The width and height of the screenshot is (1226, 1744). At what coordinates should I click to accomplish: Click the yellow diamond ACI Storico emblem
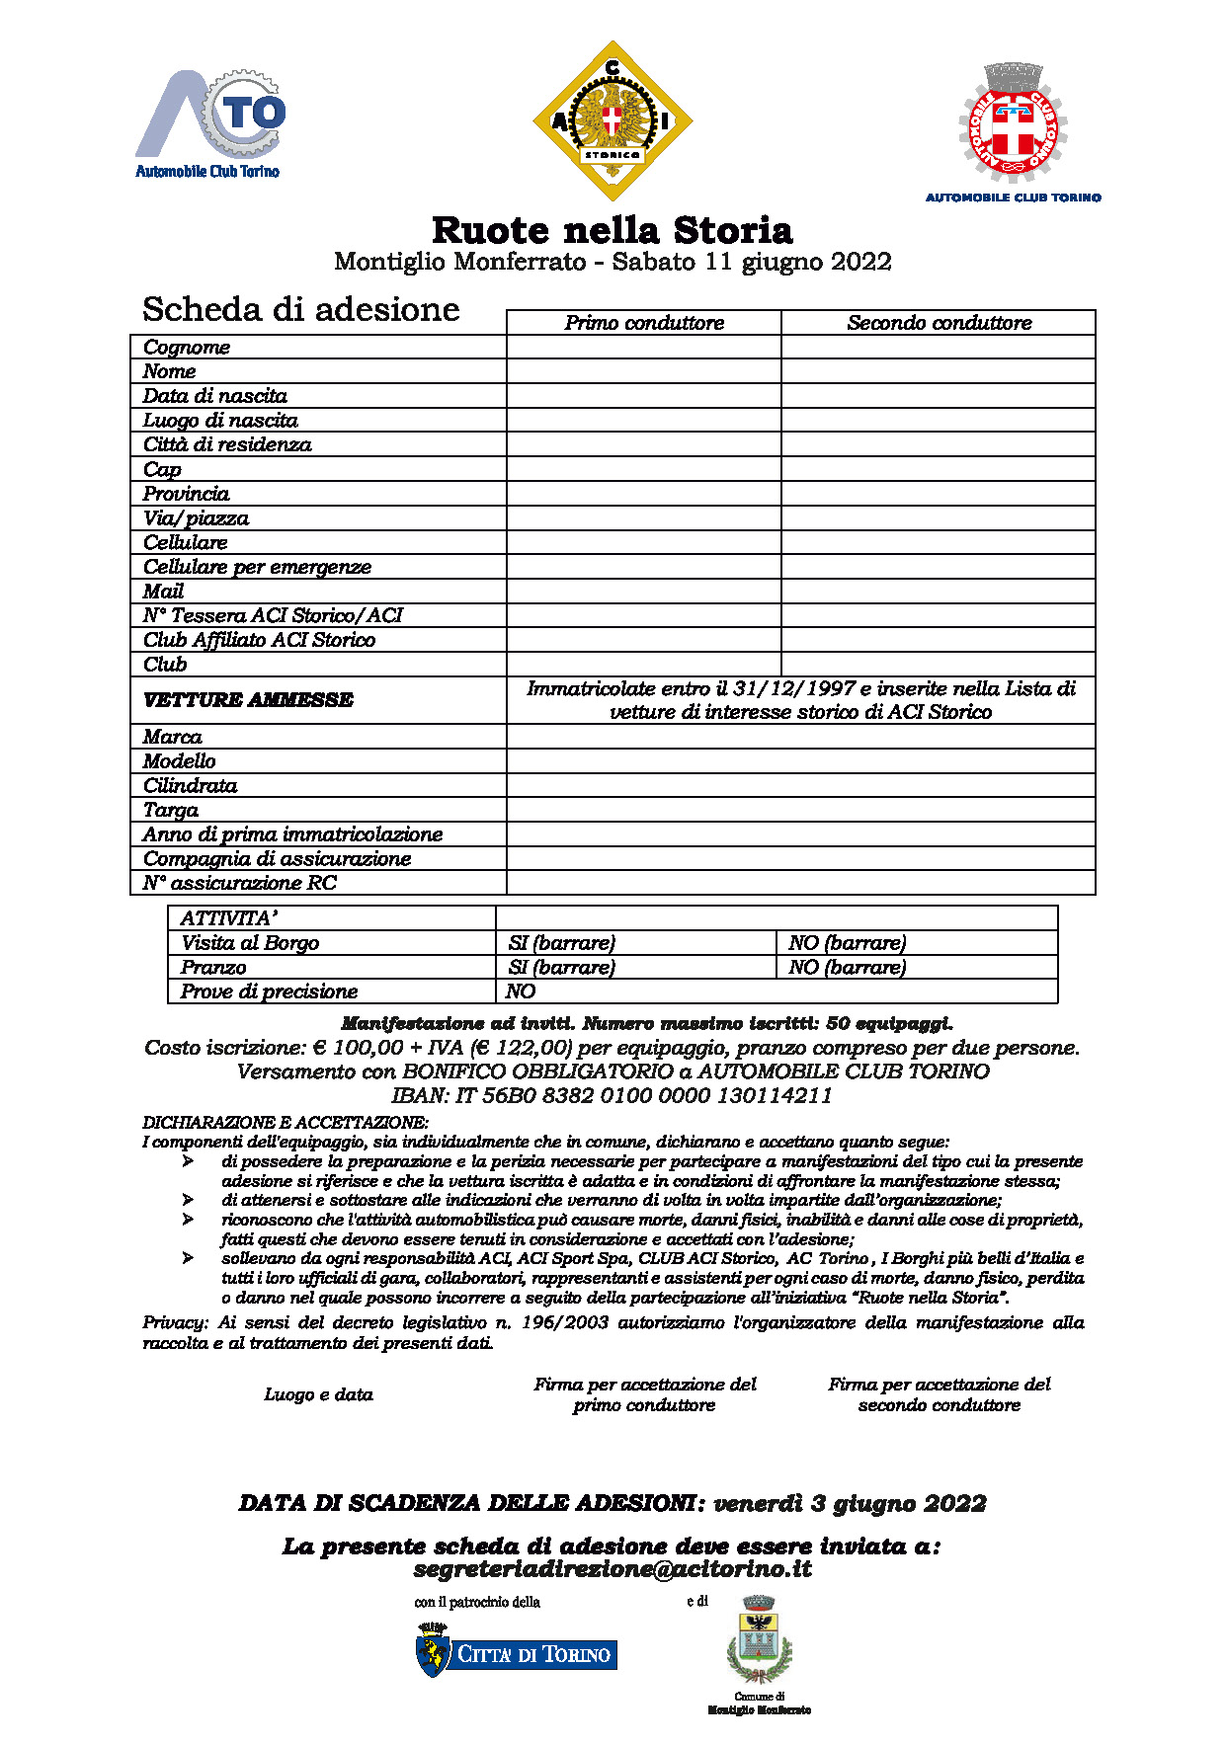613,120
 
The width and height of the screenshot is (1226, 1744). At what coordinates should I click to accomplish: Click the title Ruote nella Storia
613,230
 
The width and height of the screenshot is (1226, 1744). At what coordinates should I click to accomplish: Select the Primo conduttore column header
644,323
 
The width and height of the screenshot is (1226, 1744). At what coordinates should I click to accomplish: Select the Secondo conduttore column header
939,323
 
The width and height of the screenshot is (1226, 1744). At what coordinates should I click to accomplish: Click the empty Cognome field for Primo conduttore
644,347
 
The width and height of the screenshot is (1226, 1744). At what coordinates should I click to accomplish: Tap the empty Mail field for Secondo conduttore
939,592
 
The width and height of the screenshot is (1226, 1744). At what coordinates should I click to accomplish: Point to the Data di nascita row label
215,396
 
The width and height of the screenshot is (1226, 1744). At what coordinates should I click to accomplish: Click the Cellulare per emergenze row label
257,567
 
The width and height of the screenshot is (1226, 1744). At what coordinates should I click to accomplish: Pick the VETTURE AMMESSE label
248,700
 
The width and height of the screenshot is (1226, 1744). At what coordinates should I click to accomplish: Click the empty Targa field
800,810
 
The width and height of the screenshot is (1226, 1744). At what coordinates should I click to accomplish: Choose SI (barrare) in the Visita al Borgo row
562,943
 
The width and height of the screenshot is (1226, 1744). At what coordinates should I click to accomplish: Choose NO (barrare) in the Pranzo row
848,968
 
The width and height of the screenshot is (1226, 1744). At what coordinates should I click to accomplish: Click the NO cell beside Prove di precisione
521,991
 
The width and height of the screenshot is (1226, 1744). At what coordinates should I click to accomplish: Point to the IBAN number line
613,1095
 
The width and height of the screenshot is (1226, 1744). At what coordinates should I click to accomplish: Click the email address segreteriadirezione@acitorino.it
613,1569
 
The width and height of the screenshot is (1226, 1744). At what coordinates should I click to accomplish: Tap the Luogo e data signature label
318,1394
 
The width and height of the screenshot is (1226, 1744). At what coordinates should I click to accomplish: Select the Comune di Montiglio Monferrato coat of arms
759,1647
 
